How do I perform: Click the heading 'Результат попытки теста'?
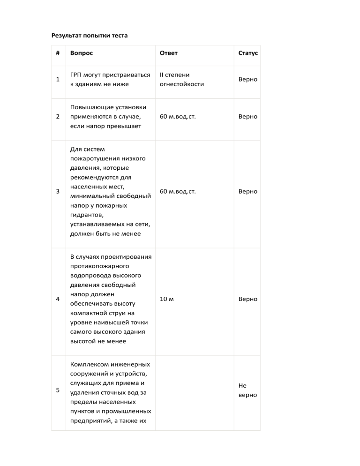[x=89, y=35]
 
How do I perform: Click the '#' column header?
[x=58, y=53]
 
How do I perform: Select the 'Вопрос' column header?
[x=82, y=53]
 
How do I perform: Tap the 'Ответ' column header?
[x=169, y=53]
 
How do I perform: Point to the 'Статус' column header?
[x=247, y=53]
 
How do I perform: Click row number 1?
[x=58, y=79]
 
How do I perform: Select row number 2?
[x=58, y=116]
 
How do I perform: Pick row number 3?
[x=58, y=191]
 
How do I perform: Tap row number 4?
[x=58, y=299]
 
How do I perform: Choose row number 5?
[x=58, y=392]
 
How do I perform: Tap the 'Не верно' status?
[x=247, y=390]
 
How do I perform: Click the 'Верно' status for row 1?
[x=247, y=79]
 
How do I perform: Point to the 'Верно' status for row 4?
[x=247, y=299]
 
